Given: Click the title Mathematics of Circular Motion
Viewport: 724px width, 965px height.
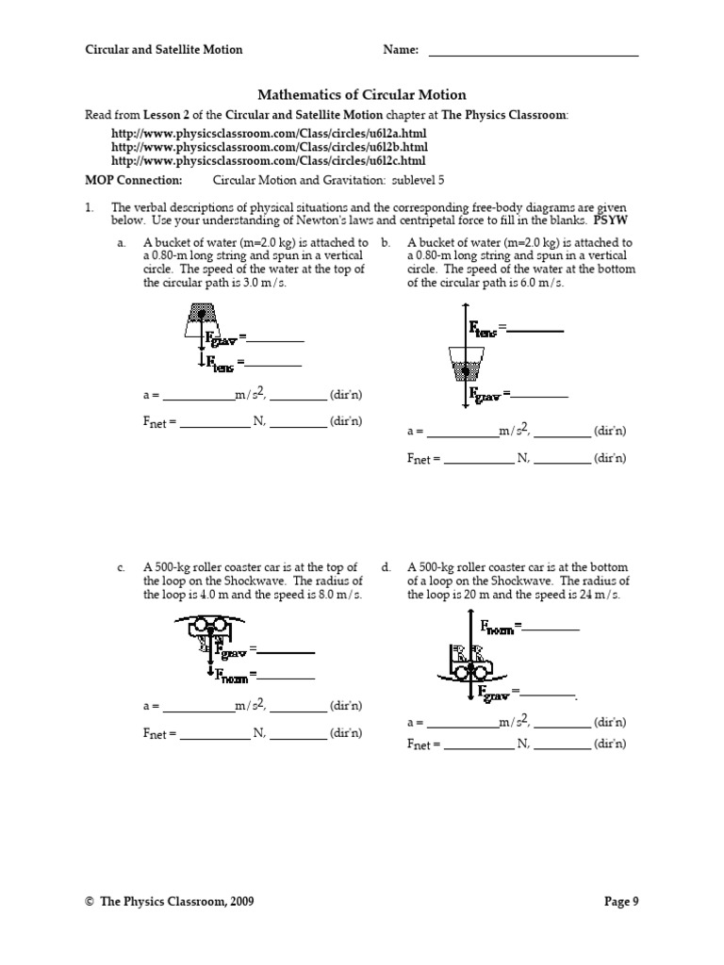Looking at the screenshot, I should tap(362, 95).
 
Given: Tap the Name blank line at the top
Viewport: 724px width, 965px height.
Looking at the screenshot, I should tap(534, 55).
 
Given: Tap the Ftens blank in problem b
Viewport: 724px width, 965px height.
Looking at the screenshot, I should tap(535, 331).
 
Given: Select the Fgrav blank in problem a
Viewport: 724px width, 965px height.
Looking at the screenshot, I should tap(276, 339).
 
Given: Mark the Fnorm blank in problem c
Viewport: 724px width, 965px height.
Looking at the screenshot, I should tap(287, 678).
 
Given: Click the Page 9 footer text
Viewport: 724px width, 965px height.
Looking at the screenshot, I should tap(621, 902).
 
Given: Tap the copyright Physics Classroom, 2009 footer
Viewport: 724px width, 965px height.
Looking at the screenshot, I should tap(169, 902).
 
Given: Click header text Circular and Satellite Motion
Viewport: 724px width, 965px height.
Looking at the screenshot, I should tap(164, 50).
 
